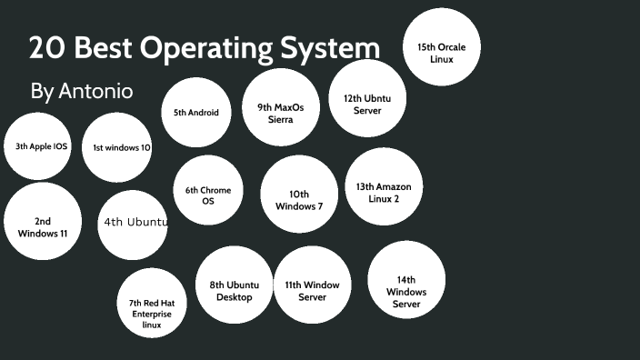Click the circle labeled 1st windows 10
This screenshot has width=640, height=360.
(x=116, y=147)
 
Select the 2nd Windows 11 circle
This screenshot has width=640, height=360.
(x=43, y=226)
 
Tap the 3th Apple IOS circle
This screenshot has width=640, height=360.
(x=37, y=146)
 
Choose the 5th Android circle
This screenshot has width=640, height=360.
(x=196, y=113)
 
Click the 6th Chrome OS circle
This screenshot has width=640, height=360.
(x=208, y=195)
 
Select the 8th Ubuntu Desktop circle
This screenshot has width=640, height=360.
(x=235, y=291)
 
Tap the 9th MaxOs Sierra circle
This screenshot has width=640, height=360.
(x=280, y=113)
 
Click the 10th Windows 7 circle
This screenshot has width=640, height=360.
(x=299, y=200)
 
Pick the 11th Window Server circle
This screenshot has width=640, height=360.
(x=312, y=291)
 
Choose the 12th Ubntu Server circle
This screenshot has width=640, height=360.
(x=367, y=104)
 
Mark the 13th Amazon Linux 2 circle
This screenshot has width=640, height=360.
(x=384, y=193)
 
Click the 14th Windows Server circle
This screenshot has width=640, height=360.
(x=406, y=291)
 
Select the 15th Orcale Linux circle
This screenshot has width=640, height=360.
(x=441, y=53)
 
